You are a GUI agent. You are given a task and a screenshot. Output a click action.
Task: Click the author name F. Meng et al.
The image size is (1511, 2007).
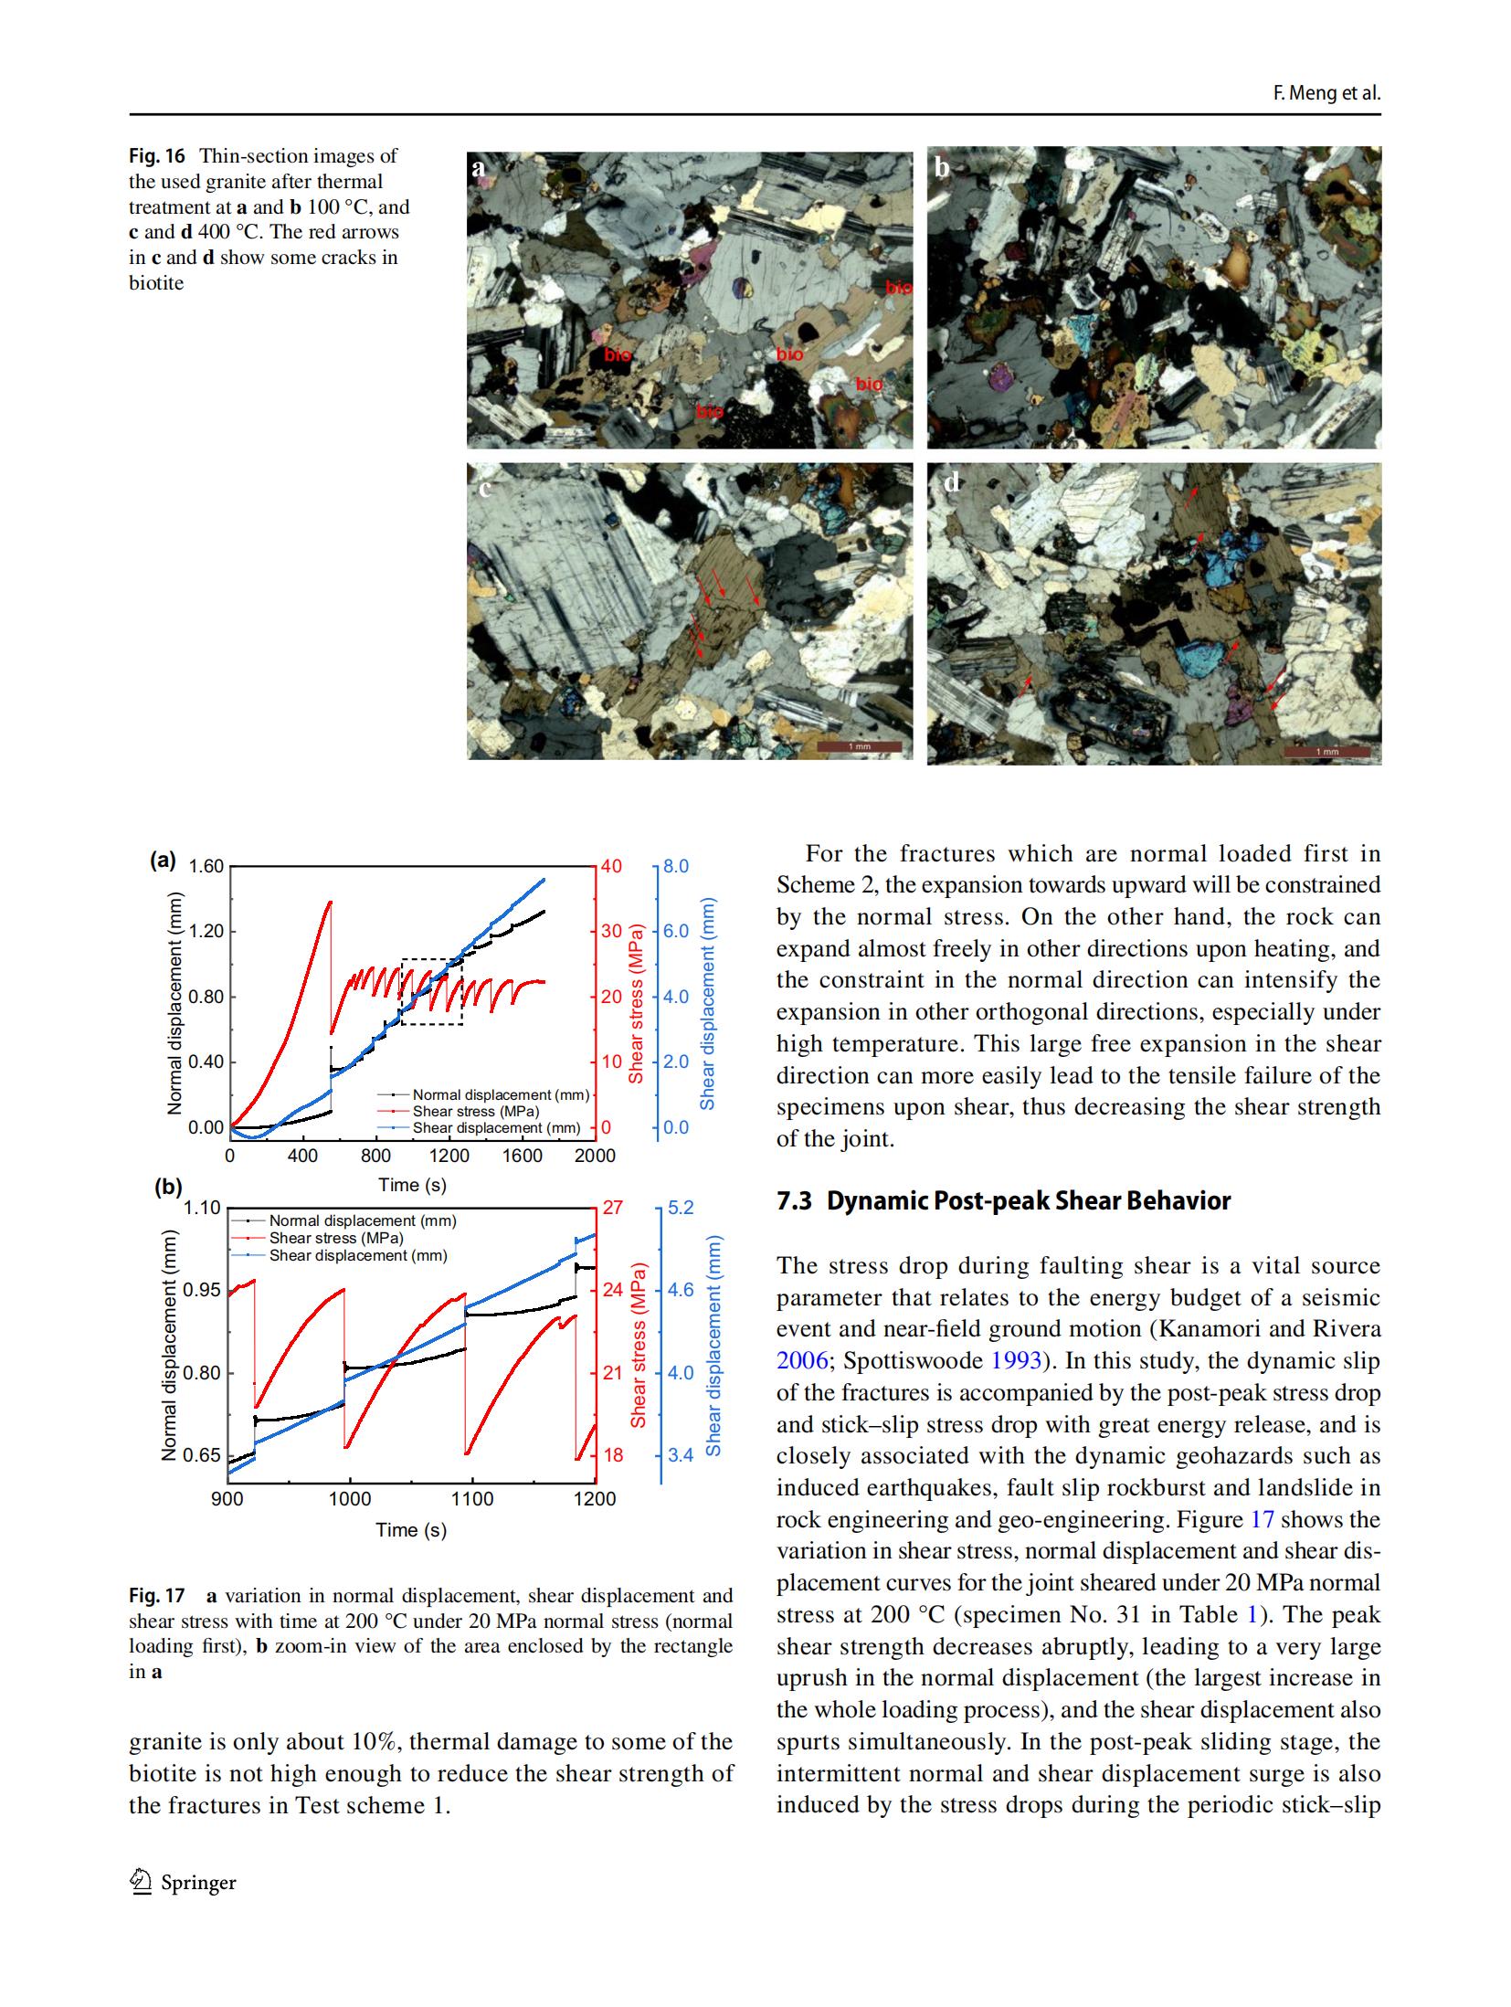tap(1326, 93)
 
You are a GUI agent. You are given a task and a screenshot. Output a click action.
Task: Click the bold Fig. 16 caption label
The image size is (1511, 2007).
tap(156, 156)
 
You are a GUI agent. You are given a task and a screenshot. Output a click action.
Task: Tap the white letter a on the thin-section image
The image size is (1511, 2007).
tap(478, 167)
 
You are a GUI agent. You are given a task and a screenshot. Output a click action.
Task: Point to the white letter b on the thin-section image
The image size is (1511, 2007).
tap(943, 167)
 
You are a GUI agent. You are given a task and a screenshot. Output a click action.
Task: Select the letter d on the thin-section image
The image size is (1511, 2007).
tap(951, 482)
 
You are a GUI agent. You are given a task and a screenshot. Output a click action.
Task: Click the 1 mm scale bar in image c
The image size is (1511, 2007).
tap(859, 747)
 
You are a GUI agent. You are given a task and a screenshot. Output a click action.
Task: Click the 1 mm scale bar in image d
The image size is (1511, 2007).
tap(1326, 751)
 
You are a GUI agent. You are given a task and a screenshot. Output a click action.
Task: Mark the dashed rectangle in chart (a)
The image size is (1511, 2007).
tap(431, 991)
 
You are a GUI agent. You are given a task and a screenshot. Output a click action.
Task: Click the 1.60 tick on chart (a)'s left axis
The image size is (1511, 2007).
tap(206, 866)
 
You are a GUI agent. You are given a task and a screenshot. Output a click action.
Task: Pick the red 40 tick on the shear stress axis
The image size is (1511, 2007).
tap(610, 866)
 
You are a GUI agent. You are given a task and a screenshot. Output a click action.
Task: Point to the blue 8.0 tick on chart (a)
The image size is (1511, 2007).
tap(676, 866)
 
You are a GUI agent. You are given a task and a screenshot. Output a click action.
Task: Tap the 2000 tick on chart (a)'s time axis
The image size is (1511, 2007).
tap(595, 1156)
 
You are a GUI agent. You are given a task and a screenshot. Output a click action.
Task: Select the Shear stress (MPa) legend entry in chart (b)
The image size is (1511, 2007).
tap(335, 1238)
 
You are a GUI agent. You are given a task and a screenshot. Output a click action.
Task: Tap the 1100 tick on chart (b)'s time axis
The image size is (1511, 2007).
tap(471, 1499)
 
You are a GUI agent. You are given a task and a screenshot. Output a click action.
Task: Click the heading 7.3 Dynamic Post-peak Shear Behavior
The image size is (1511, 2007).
tap(1003, 1200)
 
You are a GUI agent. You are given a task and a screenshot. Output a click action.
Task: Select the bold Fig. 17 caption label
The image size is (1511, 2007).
tap(156, 1596)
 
